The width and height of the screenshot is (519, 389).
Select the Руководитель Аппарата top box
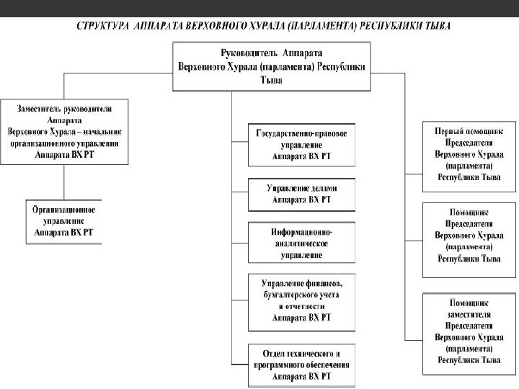click(x=271, y=66)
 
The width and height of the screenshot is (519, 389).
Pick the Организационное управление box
click(x=64, y=221)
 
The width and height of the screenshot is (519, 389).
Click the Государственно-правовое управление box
click(x=302, y=144)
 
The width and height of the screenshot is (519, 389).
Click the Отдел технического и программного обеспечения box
click(x=302, y=365)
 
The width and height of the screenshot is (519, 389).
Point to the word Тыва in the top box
click(x=271, y=81)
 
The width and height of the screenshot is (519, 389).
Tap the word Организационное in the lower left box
click(x=64, y=210)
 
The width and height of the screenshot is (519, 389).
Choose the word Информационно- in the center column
click(x=302, y=233)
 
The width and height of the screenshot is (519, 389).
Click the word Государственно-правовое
click(x=302, y=133)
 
